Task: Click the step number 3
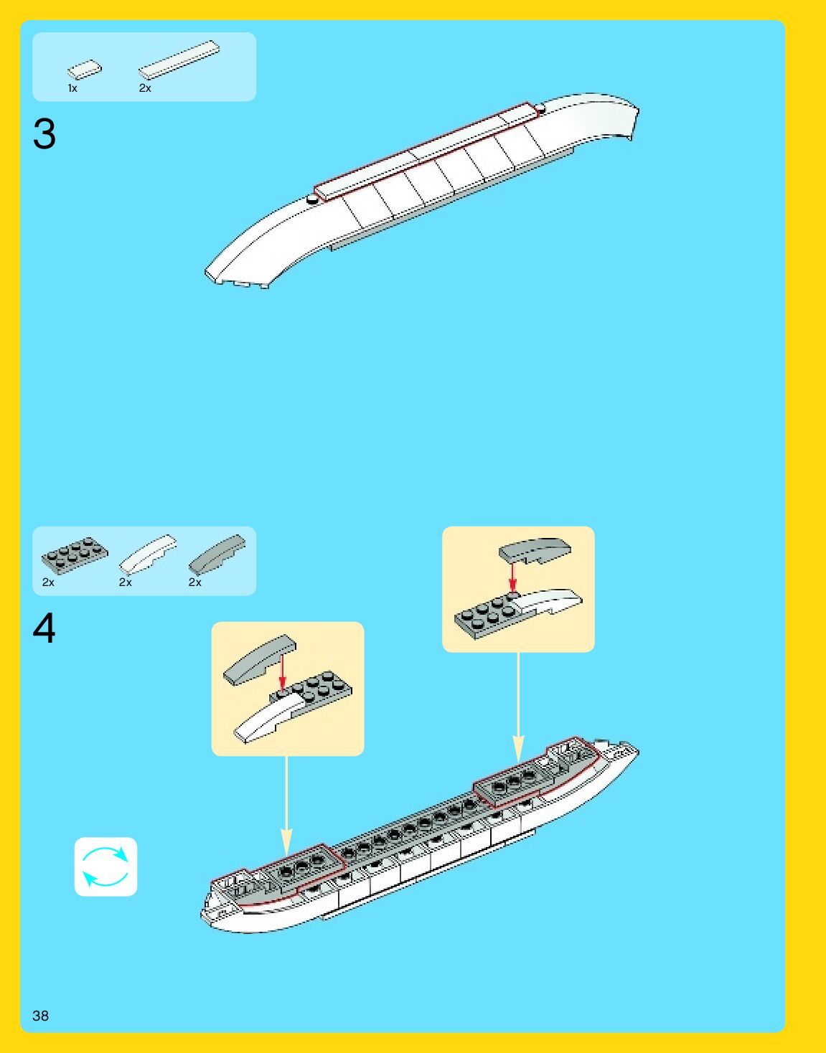(44, 134)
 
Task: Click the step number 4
(44, 628)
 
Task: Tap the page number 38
(40, 1015)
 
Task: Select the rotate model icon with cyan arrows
(105, 867)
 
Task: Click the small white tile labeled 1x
(85, 70)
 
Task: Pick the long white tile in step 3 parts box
(179, 60)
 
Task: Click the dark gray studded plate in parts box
(75, 554)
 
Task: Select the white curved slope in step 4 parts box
(148, 554)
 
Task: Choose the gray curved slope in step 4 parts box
(217, 553)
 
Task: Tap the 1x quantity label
(72, 88)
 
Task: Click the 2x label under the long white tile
(145, 88)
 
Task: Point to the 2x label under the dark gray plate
(48, 582)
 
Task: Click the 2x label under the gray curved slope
(194, 582)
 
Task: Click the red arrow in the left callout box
(282, 671)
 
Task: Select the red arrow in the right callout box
(512, 577)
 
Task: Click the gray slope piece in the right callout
(535, 550)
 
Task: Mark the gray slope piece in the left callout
(259, 658)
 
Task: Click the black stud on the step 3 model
(312, 199)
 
